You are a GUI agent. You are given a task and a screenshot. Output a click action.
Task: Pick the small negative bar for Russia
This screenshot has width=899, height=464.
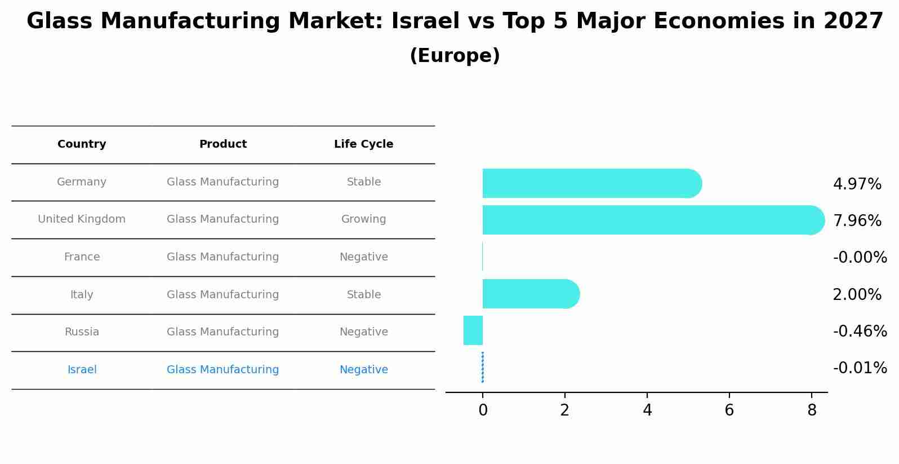pos(473,330)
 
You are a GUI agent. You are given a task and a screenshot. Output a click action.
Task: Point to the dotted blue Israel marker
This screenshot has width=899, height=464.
pos(483,367)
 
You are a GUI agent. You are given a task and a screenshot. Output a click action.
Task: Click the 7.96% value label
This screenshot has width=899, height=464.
pos(857,220)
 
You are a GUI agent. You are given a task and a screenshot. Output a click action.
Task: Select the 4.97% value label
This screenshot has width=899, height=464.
pos(857,184)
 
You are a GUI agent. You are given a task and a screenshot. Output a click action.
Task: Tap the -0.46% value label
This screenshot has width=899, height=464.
pos(860,331)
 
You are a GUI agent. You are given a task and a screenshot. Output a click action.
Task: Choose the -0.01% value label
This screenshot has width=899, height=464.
pos(860,368)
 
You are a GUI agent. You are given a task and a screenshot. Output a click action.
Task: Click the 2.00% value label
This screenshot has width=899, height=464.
pos(857,294)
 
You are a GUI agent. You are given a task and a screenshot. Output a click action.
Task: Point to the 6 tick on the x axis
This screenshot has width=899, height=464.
pos(729,410)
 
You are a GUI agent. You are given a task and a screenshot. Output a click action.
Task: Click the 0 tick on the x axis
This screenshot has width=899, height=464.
pos(483,410)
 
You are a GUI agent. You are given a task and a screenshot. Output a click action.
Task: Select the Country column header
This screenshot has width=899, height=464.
pos(82,144)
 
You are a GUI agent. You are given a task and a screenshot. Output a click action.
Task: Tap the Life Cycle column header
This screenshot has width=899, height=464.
pos(363,144)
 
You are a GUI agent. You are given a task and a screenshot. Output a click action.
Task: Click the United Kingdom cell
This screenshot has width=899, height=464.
pos(82,219)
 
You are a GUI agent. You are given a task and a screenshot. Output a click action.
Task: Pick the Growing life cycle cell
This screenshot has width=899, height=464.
pos(363,219)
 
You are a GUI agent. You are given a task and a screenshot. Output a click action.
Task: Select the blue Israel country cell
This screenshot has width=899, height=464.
pos(82,370)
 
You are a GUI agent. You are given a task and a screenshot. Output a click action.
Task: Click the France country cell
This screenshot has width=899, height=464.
pos(82,257)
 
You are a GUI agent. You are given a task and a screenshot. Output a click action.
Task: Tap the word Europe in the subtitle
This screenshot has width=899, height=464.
pos(455,56)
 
